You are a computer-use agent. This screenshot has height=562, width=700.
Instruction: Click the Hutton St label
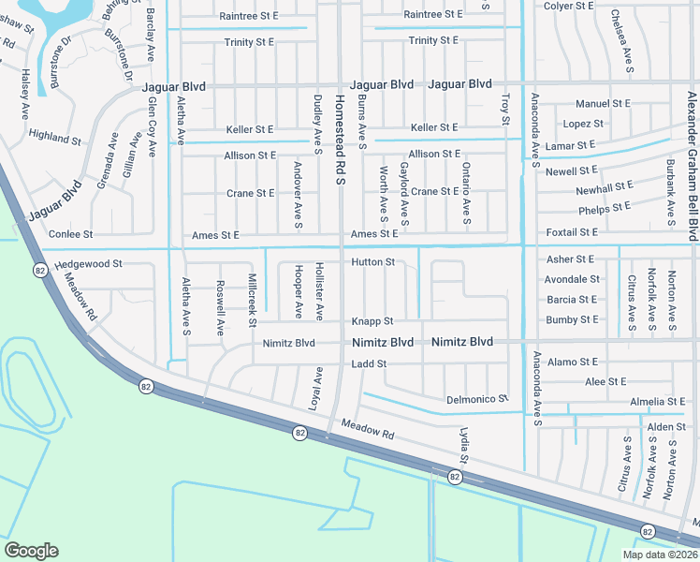372,262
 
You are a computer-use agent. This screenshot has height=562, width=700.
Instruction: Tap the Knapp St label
372,321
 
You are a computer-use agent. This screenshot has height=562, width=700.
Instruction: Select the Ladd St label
369,363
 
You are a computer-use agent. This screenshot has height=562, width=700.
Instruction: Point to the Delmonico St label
477,399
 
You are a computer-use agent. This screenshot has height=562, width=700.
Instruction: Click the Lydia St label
463,444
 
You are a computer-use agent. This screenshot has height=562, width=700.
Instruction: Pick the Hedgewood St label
89,265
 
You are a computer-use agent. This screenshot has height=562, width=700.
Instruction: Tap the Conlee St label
72,234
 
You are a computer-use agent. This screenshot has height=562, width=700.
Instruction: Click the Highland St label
55,137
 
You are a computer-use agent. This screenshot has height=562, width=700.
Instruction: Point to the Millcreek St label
252,300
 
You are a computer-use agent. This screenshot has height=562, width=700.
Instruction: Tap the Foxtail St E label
572,232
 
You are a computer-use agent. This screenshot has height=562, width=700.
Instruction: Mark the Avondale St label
572,279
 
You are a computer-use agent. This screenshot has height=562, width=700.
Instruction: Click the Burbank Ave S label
671,193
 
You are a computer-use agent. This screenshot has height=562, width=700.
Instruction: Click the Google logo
31,551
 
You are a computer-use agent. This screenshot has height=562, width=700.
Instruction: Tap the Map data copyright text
660,555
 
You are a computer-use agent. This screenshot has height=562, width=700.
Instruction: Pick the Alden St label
666,427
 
